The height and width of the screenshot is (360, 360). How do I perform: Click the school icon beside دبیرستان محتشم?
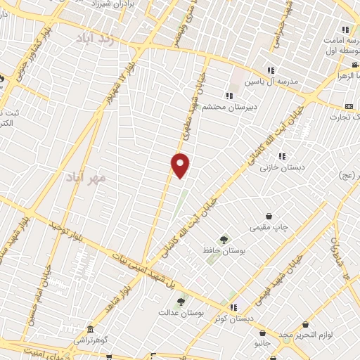(229, 96)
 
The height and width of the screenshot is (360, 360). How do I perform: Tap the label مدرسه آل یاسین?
(271, 82)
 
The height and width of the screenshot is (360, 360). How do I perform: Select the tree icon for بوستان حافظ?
(224, 240)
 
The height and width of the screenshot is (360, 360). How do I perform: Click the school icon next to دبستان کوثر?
(233, 307)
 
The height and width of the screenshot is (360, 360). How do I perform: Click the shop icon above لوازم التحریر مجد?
(305, 324)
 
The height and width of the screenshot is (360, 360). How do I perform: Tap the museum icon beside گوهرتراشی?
(90, 330)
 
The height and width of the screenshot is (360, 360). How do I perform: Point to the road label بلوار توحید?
(63, 229)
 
